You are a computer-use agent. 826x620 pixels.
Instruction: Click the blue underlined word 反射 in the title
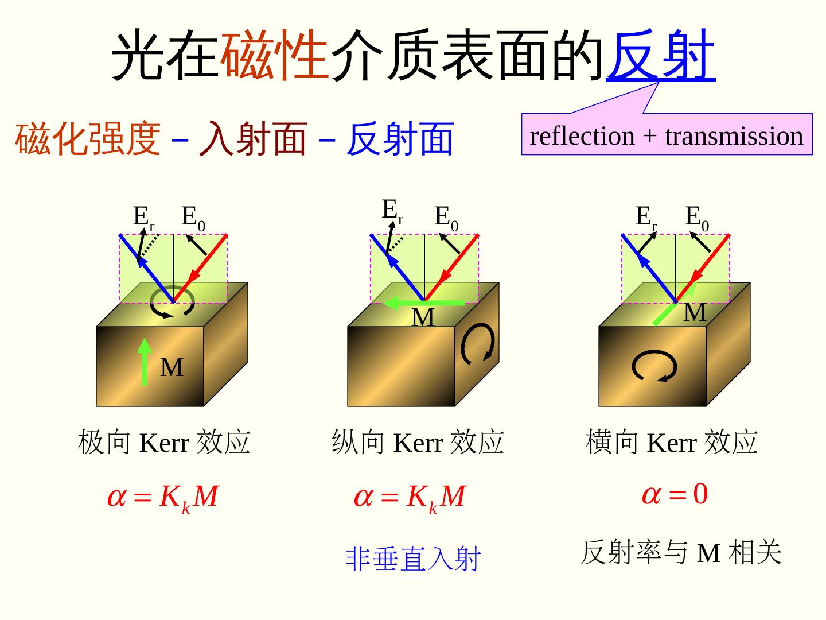(660, 55)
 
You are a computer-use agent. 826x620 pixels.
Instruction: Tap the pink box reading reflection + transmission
(667, 135)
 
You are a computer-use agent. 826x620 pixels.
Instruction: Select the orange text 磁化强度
(87, 138)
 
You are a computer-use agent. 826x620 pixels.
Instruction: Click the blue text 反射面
(400, 138)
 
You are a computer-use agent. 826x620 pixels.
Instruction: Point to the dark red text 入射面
(252, 138)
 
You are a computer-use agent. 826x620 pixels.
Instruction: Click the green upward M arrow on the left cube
(145, 362)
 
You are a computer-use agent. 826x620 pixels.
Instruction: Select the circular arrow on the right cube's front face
(654, 366)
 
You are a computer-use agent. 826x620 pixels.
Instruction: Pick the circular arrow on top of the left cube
(172, 303)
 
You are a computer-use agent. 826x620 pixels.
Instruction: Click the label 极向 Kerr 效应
(164, 443)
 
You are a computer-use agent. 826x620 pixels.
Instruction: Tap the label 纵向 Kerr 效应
(418, 443)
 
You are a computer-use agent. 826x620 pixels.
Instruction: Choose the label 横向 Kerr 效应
(672, 443)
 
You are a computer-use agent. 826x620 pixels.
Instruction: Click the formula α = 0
(675, 494)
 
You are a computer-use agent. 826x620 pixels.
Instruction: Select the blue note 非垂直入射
(412, 559)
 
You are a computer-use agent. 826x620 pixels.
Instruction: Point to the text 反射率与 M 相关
(681, 553)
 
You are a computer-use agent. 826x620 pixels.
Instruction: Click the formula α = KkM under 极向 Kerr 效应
(163, 497)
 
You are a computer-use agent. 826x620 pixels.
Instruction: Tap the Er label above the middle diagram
(392, 211)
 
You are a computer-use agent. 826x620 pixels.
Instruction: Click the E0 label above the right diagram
(697, 218)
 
